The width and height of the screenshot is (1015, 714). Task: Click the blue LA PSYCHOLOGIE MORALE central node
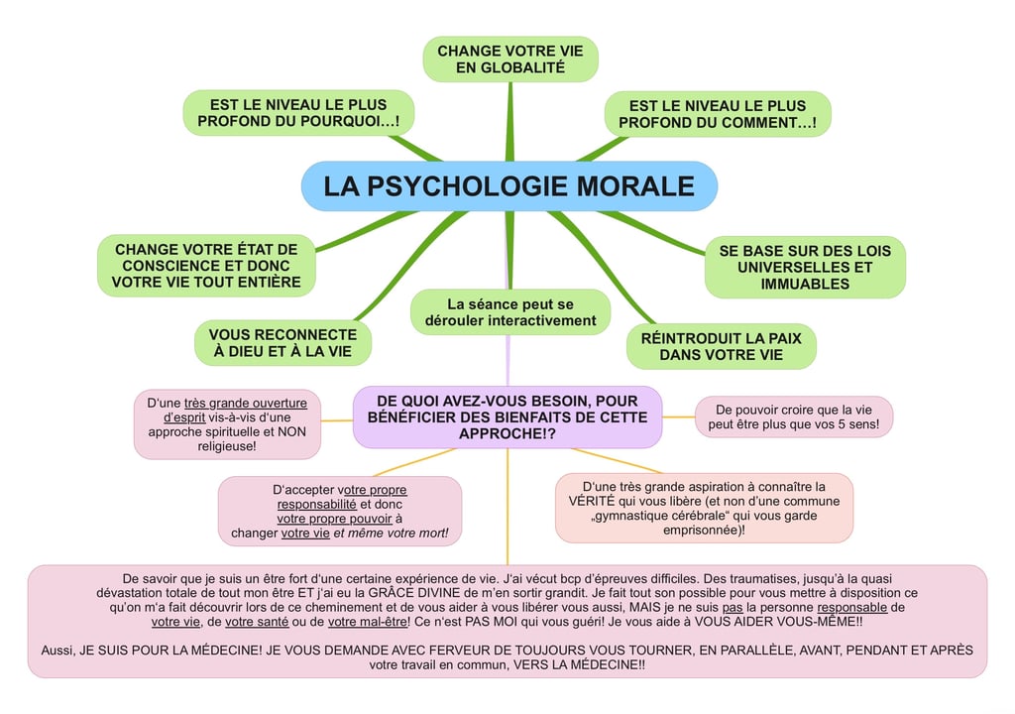click(508, 186)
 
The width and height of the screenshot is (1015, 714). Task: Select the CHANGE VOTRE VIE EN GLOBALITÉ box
click(510, 59)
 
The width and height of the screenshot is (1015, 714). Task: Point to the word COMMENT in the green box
click(761, 122)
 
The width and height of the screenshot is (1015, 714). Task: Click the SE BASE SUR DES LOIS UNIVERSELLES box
click(805, 267)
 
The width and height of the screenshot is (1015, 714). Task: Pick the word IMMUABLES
click(805, 284)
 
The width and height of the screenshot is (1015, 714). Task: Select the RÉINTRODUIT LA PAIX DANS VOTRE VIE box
click(722, 347)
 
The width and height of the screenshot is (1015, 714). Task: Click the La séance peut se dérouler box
click(510, 312)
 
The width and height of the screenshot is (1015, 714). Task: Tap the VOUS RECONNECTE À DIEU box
click(282, 343)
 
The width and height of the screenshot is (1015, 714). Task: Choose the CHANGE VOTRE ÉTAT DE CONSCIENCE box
click(206, 266)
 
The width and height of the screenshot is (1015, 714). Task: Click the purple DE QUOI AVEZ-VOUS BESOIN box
click(507, 417)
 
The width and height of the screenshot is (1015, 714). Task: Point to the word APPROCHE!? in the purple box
click(507, 433)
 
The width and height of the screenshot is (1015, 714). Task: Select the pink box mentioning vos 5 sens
click(794, 416)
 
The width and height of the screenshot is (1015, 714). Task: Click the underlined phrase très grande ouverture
click(246, 403)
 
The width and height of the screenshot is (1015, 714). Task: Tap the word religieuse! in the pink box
click(227, 446)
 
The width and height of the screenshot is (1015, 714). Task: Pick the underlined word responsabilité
click(316, 504)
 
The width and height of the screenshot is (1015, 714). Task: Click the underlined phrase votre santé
click(257, 622)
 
